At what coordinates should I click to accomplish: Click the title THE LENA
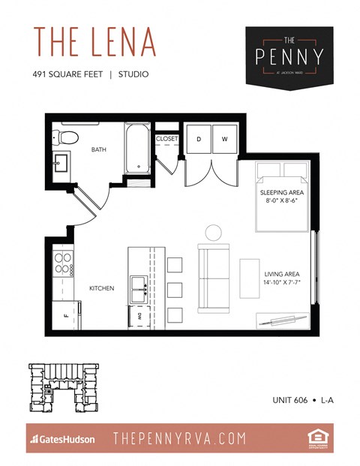click(x=94, y=44)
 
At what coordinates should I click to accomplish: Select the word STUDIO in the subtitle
click(x=133, y=74)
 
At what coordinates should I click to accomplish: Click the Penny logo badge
click(x=289, y=56)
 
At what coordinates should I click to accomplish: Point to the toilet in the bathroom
click(x=67, y=137)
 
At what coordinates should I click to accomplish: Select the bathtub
click(x=138, y=147)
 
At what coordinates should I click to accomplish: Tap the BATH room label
click(x=99, y=150)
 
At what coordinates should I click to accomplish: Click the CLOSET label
click(x=166, y=139)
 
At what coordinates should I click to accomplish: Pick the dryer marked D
click(x=199, y=140)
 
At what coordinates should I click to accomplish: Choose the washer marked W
click(x=223, y=140)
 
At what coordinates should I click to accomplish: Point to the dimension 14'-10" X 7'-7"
click(x=281, y=284)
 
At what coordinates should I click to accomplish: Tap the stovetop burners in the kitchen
click(x=62, y=263)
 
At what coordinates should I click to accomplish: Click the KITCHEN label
click(x=100, y=288)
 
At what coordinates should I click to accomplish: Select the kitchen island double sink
click(x=138, y=284)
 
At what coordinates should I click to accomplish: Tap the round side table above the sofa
click(x=213, y=232)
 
